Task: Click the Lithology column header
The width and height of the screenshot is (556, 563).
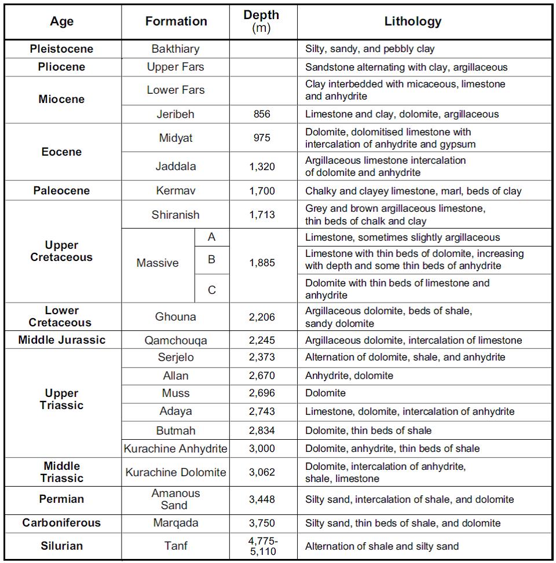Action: [413, 21]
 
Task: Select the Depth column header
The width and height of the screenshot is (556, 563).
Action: [262, 21]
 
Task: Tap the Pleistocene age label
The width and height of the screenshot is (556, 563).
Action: [61, 49]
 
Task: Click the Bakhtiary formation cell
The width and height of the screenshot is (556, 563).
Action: [175, 49]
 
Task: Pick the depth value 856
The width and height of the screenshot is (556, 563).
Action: [262, 115]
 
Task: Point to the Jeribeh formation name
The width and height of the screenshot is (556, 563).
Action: [175, 115]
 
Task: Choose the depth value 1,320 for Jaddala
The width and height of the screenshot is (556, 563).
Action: [262, 167]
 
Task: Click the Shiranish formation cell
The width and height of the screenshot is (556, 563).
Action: [175, 215]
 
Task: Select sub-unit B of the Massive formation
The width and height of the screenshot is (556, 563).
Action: [211, 260]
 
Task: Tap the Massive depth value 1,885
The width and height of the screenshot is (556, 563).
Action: [262, 263]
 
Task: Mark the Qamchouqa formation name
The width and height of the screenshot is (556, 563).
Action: [175, 341]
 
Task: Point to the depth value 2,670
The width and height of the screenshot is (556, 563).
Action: [262, 376]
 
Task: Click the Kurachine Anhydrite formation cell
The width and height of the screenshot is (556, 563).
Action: [175, 448]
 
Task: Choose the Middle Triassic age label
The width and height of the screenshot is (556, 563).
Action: [61, 472]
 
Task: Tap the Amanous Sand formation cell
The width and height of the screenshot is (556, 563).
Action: [175, 499]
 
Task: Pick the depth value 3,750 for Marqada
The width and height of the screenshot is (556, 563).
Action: [262, 523]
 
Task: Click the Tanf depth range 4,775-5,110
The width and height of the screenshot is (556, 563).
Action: [262, 546]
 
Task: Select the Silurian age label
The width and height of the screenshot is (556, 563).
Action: [61, 546]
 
